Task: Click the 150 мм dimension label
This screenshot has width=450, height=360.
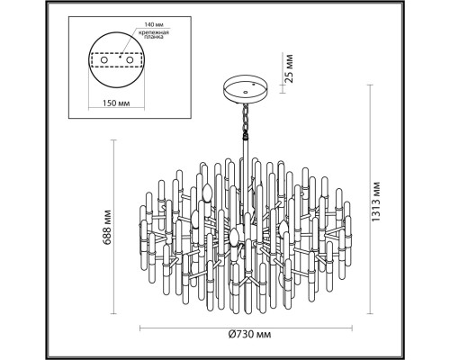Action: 116,103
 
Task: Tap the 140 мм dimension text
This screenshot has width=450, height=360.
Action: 153,24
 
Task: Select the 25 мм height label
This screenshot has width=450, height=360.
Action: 288,68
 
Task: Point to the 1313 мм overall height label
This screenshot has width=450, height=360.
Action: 375,202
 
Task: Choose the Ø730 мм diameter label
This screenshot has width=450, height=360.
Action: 249,334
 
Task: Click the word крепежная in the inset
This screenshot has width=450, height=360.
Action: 153,32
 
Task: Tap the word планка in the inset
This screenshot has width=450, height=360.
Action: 154,37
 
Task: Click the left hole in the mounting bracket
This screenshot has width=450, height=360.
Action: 103,60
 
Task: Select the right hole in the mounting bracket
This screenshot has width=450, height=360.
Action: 130,60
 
